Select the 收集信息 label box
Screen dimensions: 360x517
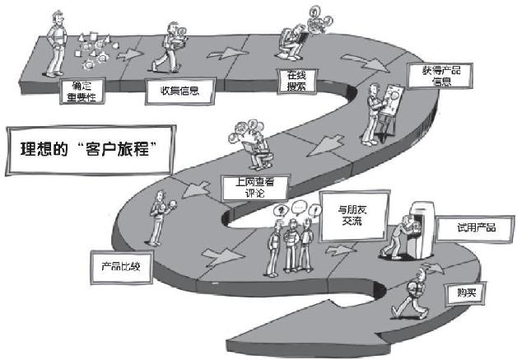coord(171,91)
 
